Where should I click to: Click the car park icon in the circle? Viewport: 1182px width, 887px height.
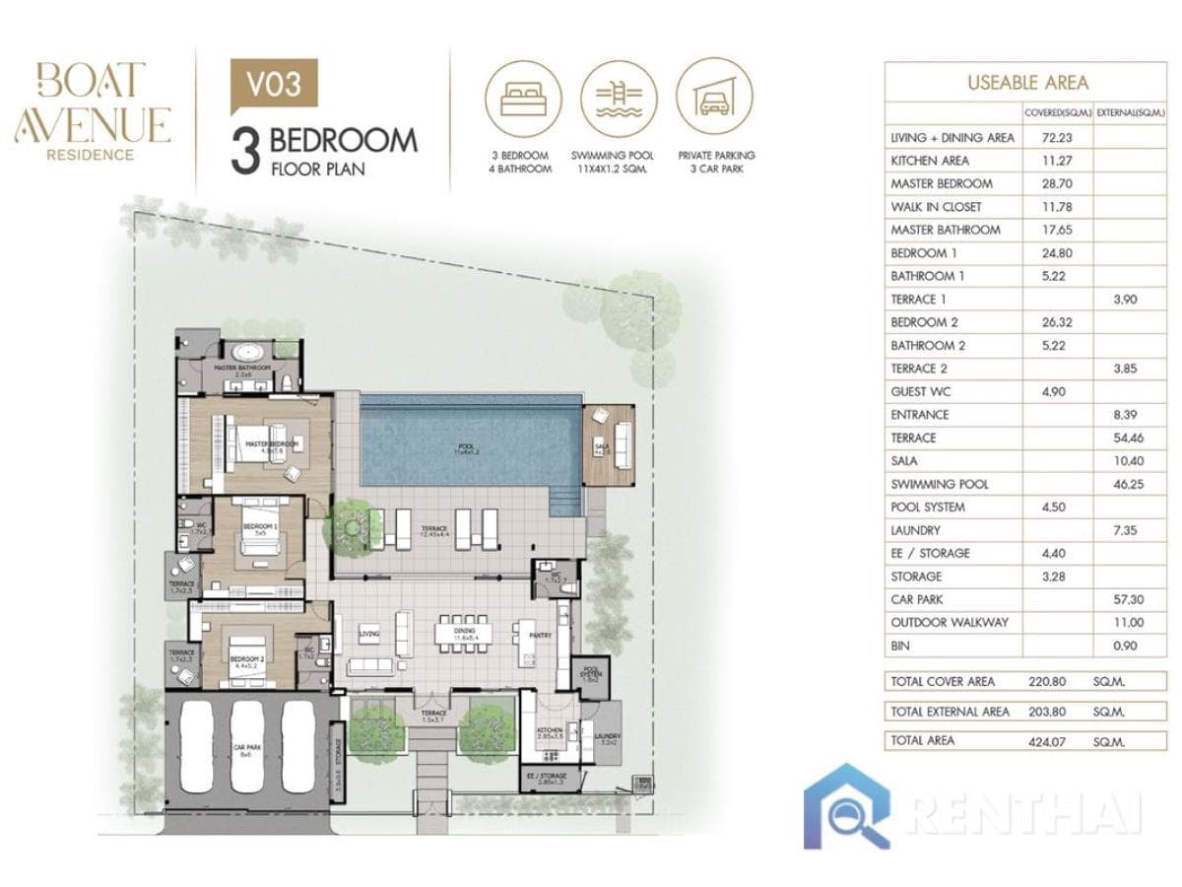coord(716,98)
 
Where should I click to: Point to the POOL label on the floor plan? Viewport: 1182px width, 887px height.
coord(463,444)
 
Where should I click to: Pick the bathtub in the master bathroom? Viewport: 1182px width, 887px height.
coord(244,353)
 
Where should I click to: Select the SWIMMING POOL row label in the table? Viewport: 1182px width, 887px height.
coord(939,484)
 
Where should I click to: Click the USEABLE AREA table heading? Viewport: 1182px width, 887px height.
coord(1026,83)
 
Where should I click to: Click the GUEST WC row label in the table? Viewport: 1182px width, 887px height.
coord(923,391)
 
